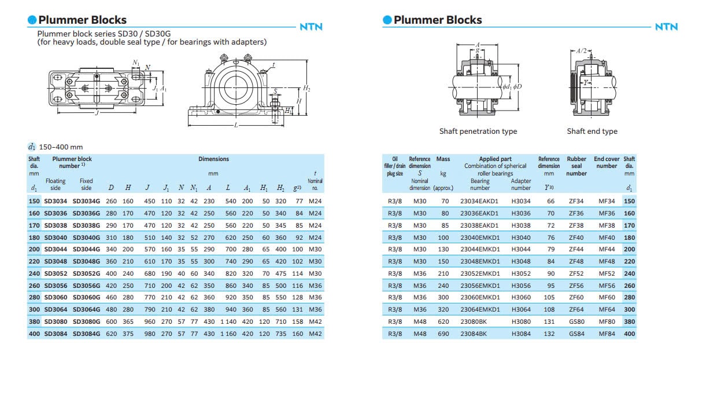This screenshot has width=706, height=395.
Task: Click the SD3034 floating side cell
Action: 56,202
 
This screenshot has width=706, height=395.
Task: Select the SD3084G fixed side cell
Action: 86,334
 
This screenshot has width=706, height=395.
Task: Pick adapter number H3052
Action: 520,273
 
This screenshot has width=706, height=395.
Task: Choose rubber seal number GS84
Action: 576,334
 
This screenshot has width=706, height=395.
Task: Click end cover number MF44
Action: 607,250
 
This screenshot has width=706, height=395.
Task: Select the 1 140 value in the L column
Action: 228,322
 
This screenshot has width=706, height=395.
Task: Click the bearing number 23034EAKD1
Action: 479,202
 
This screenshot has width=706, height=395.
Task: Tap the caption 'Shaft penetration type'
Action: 478,131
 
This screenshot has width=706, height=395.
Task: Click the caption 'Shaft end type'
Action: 592,131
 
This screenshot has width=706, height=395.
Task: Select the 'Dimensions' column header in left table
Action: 213,159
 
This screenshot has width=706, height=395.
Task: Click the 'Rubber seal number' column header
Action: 576,166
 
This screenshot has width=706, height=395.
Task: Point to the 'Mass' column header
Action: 443,159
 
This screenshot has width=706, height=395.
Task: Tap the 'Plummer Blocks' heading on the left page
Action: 82,20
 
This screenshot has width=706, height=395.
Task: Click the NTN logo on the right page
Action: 666,27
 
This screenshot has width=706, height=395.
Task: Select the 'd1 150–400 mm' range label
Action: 56,147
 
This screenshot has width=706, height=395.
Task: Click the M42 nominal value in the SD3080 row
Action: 315,322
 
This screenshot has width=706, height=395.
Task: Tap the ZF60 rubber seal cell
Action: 576,298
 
